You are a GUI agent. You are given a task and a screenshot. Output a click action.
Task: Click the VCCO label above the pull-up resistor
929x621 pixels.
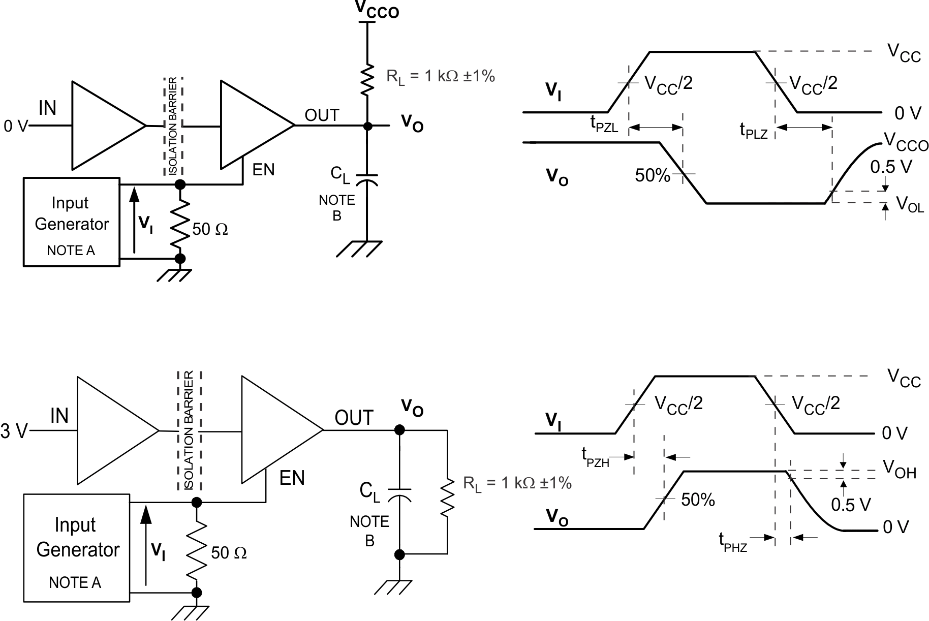tap(376, 10)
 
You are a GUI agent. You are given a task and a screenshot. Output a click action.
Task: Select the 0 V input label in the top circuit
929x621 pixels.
tap(15, 126)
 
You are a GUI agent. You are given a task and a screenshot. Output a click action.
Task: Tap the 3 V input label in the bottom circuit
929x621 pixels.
tap(14, 431)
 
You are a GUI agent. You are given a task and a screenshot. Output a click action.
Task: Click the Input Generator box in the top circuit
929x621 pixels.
tap(72, 222)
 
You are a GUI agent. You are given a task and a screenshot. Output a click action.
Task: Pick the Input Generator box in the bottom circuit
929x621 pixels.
tap(77, 548)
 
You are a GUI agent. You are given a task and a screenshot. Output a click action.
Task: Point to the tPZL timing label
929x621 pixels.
tap(604, 124)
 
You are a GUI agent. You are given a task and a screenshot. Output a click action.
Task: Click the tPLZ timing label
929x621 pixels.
tap(753, 131)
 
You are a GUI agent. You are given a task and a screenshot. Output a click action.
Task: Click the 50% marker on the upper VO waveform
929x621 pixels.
tap(653, 175)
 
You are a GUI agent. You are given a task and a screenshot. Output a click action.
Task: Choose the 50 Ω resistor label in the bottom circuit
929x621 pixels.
tap(229, 552)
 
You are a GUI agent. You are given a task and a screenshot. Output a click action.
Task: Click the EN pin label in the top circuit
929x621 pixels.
tap(263, 170)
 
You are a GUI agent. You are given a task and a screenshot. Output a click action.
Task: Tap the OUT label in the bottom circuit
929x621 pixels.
tap(354, 418)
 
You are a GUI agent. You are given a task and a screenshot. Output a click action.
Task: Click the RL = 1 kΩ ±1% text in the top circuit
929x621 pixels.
tap(440, 76)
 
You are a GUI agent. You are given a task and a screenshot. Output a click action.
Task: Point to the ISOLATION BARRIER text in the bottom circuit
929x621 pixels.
tap(189, 430)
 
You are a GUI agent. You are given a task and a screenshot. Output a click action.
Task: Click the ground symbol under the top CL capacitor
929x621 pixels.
tap(359, 249)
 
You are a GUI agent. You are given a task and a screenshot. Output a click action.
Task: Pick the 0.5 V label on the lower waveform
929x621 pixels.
tap(851, 505)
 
